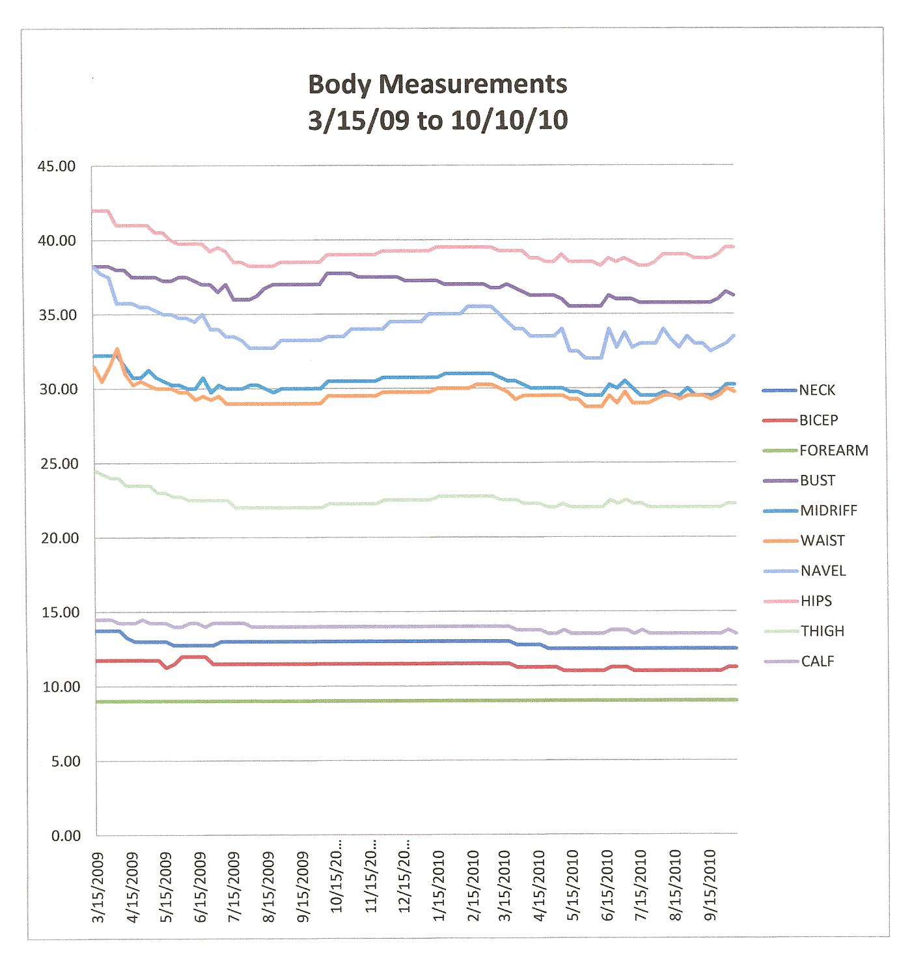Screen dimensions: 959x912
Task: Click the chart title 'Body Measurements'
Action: (x=437, y=85)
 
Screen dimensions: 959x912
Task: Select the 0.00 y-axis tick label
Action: (x=66, y=836)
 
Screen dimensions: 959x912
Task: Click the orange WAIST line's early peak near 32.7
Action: (x=117, y=349)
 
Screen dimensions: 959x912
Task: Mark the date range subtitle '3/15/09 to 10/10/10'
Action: (x=437, y=121)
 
